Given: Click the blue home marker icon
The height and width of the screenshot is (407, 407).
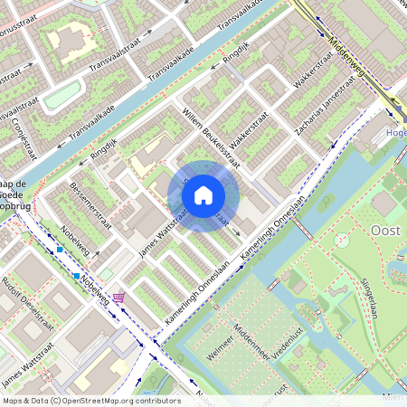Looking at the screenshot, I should (x=203, y=195).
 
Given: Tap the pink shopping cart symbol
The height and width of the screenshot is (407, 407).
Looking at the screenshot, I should (x=118, y=297).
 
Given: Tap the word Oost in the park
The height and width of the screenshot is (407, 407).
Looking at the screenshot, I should (x=386, y=231).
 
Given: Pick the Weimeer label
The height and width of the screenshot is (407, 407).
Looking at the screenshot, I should (x=221, y=347).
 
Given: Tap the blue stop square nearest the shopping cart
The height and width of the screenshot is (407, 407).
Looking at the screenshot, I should (x=77, y=276).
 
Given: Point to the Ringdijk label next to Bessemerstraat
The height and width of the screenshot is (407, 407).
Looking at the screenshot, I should (x=105, y=149).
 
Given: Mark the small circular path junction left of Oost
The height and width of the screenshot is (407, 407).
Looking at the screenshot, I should (x=341, y=241).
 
